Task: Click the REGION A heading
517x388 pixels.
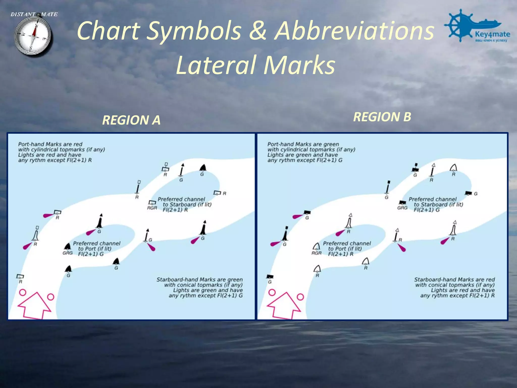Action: point(131,120)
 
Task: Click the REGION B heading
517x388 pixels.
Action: point(382,117)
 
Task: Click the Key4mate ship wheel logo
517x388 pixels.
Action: point(458,25)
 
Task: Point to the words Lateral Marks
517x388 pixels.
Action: point(255,65)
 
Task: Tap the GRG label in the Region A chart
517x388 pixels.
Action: point(67,253)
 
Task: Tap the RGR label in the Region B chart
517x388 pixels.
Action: point(316,253)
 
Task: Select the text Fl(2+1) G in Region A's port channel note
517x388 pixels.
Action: point(91,254)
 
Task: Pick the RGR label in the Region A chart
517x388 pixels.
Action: point(152,208)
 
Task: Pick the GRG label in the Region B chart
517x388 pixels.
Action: point(402,208)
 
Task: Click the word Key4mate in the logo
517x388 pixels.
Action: point(492,34)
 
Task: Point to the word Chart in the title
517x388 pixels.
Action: point(109,31)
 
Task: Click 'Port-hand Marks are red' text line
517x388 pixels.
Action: point(50,144)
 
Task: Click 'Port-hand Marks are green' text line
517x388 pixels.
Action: point(303,144)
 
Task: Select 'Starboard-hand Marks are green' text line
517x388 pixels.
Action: point(199,280)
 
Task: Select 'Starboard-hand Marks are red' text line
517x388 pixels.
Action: point(454,280)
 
